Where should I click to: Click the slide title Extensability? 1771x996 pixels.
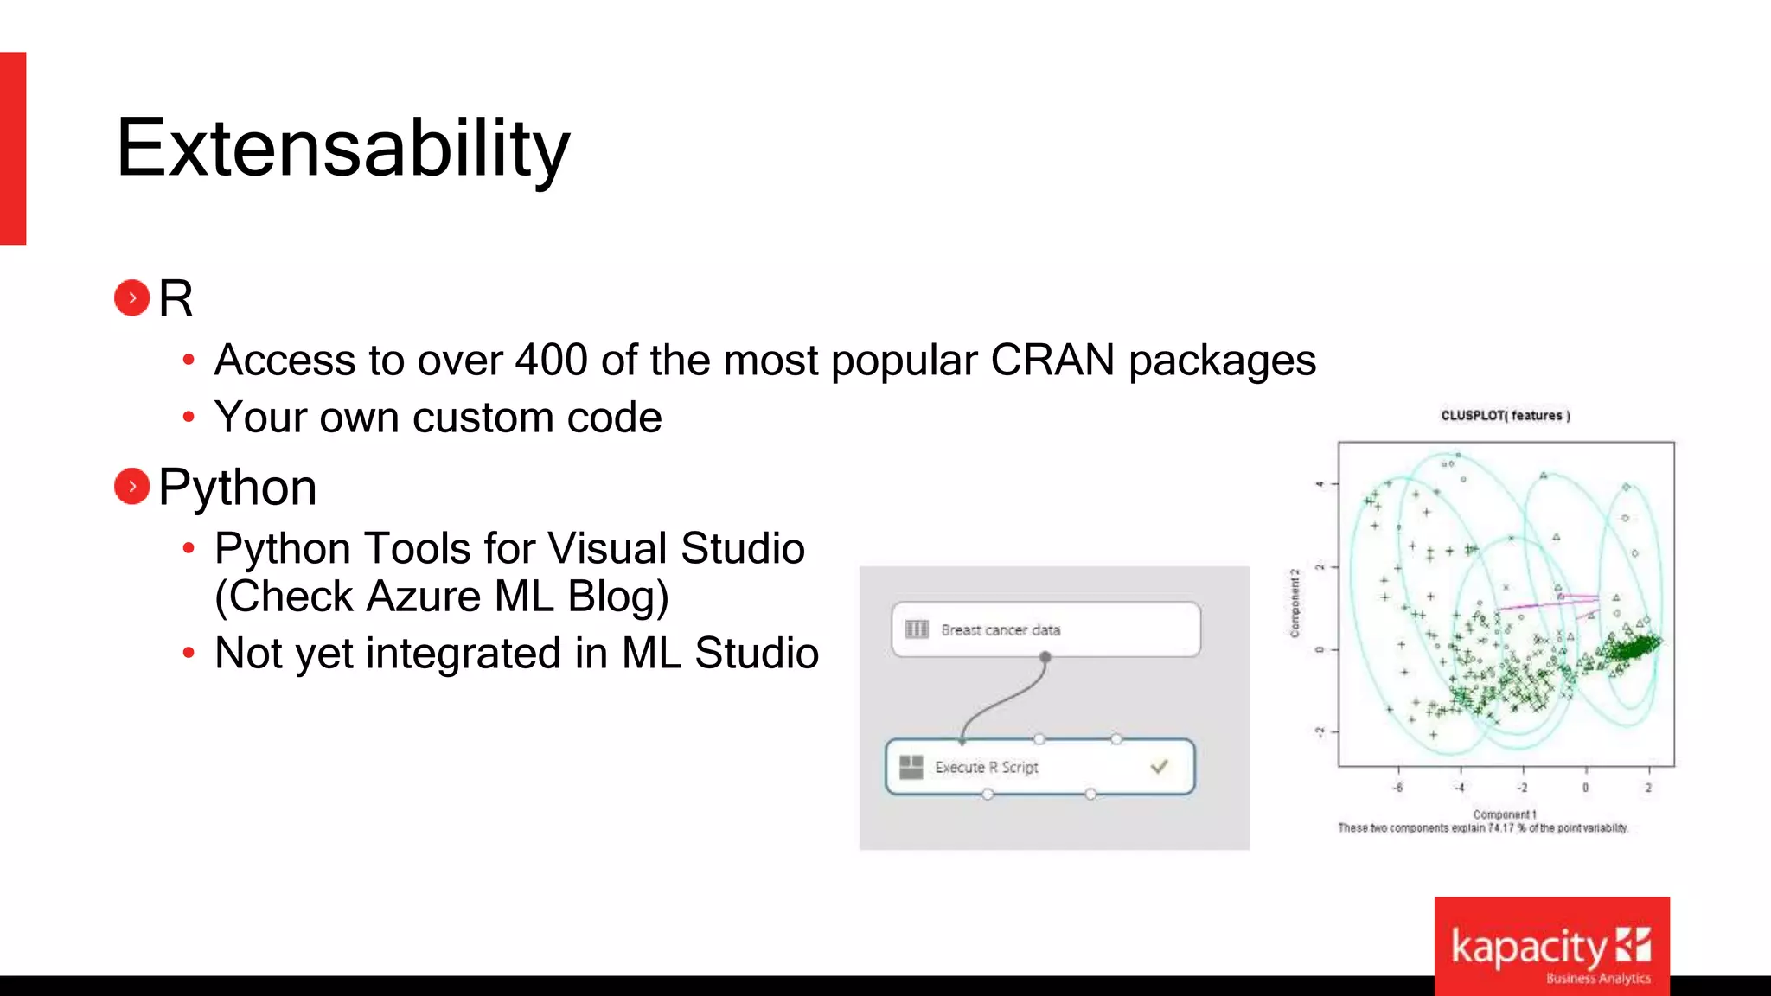tap(342, 149)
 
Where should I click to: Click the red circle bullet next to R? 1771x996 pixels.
tap(131, 298)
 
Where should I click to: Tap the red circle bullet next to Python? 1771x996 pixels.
tap(131, 486)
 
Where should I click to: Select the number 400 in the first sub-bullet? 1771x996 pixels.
tap(552, 360)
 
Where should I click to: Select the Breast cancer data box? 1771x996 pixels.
tap(1045, 629)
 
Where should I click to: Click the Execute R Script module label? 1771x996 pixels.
tap(986, 767)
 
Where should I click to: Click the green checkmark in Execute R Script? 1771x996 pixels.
tap(1160, 766)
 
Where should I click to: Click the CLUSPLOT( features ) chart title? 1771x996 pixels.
tap(1505, 416)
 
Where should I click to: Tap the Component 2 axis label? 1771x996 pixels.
tap(1295, 603)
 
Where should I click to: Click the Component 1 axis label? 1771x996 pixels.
tap(1504, 814)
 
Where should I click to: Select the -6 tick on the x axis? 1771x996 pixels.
tap(1398, 788)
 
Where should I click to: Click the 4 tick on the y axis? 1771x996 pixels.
tap(1320, 483)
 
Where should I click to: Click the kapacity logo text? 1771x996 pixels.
tap(1528, 948)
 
